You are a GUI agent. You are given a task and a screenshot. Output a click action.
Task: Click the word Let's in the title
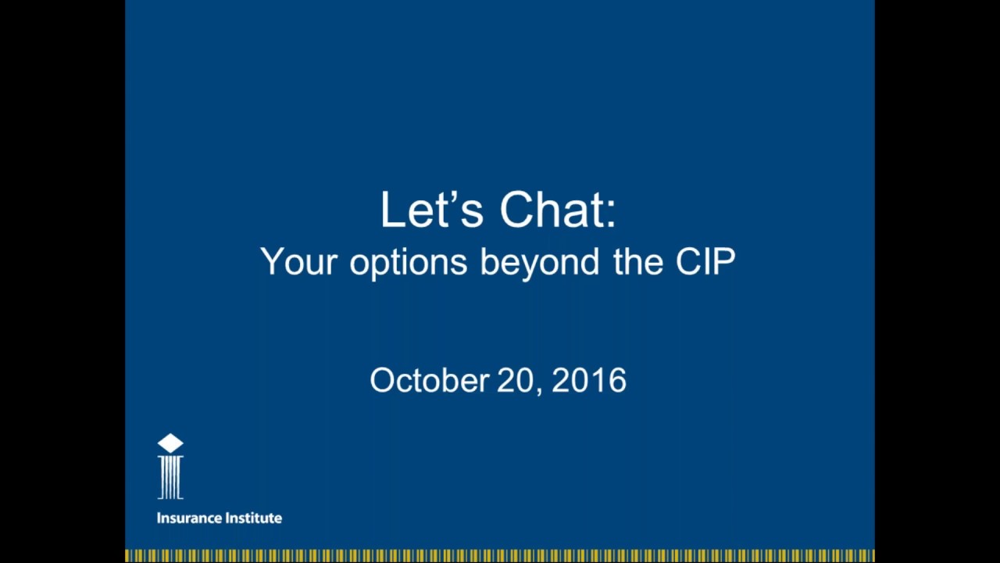click(431, 210)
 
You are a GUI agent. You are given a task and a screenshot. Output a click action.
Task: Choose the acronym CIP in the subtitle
click(705, 262)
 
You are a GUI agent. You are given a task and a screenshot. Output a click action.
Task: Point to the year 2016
click(589, 381)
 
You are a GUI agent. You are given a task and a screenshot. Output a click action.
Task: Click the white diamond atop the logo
click(170, 443)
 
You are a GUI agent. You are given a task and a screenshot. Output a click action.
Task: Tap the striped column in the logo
click(170, 478)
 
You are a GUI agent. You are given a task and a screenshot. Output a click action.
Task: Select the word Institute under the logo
click(252, 518)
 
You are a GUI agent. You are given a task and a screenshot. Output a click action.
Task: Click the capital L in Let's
click(390, 210)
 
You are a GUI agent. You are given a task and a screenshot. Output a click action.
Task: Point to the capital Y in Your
click(270, 261)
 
